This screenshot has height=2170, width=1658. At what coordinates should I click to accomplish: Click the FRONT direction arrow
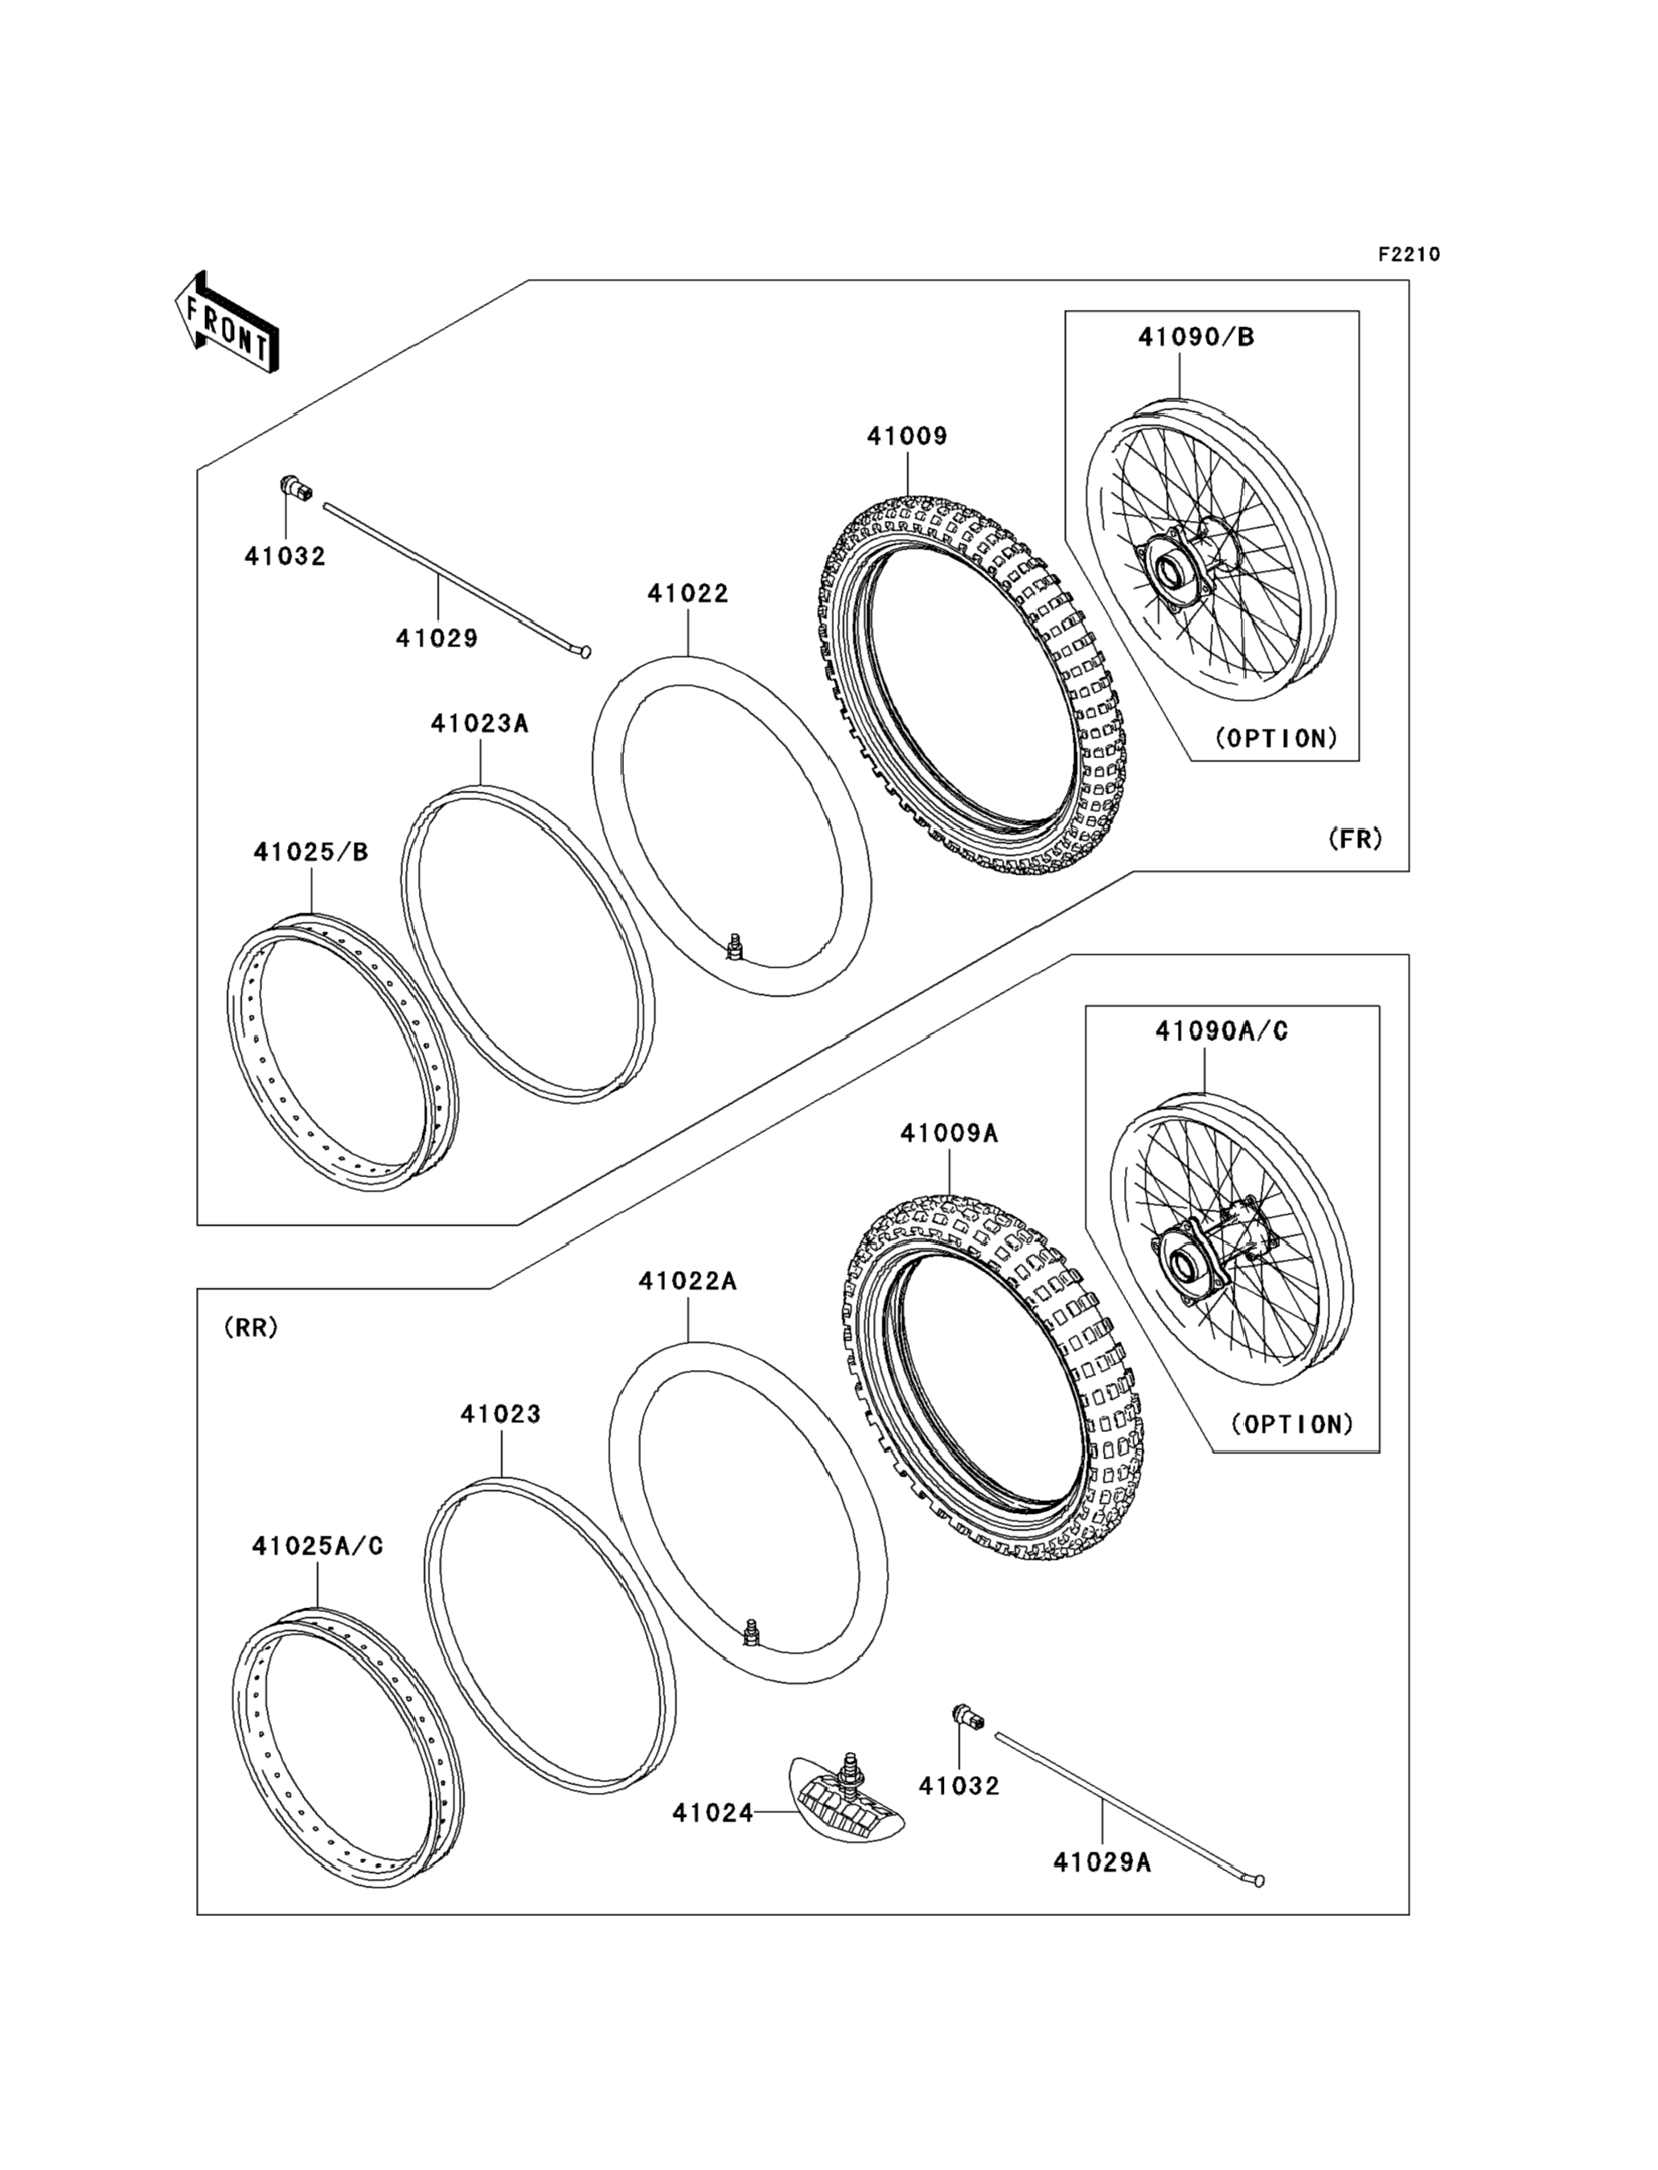(x=226, y=325)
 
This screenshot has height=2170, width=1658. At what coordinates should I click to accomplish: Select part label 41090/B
(x=1196, y=337)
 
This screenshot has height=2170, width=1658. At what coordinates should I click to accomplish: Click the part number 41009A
(x=949, y=1134)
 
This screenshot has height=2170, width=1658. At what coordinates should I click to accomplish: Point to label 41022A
(x=687, y=1281)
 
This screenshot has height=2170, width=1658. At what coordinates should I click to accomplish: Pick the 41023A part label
(x=480, y=724)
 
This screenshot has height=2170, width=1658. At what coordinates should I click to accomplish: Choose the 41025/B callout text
(x=311, y=851)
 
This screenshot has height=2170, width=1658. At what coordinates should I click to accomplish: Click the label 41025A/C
(x=318, y=1545)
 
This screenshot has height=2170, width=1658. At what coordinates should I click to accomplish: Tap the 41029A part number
(x=1102, y=1862)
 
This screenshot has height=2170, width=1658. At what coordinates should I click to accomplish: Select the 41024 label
(x=712, y=1813)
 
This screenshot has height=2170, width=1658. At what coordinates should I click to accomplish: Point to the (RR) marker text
(x=252, y=1327)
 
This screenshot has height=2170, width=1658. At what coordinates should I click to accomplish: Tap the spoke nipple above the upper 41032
(x=295, y=486)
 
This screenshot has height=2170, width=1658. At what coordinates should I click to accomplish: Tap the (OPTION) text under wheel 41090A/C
(x=1293, y=1424)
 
